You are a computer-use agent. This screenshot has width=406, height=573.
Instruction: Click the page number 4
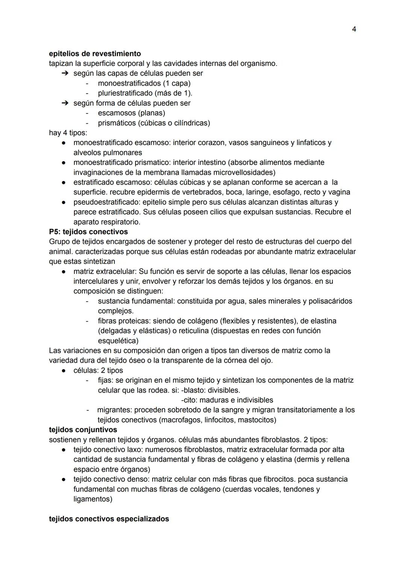point(354,29)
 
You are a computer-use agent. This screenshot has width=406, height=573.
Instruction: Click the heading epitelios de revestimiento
point(95,53)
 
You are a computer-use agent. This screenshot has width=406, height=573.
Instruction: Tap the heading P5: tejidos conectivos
point(88,231)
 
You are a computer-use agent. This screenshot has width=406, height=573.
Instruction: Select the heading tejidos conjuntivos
point(83,429)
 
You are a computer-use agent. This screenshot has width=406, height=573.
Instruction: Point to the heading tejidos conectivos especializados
point(109,519)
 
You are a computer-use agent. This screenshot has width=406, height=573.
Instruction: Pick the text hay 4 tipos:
point(68,133)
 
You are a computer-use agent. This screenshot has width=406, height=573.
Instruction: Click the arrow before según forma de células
point(65,103)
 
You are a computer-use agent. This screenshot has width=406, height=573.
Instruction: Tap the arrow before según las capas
point(65,73)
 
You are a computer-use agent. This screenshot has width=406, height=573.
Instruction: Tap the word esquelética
point(117,341)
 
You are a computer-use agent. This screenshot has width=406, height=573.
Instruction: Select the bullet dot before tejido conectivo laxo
point(64,449)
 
